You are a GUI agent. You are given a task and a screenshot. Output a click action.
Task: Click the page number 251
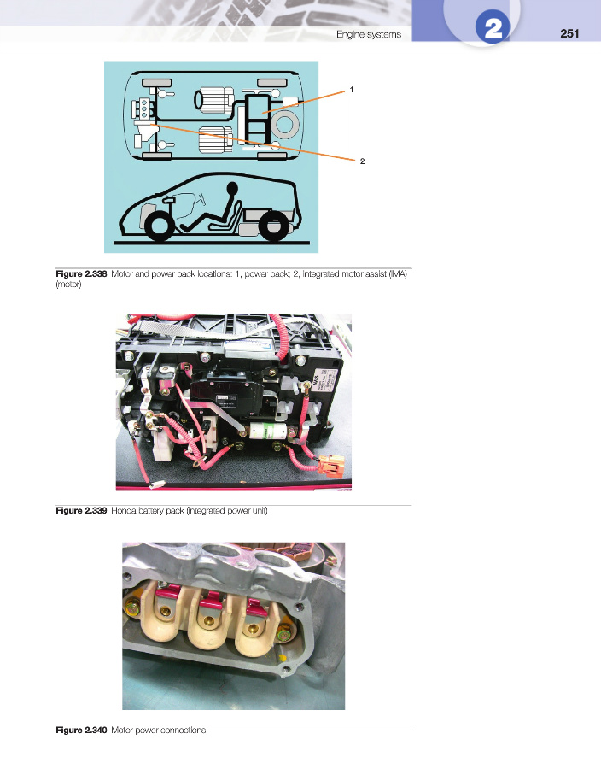569,33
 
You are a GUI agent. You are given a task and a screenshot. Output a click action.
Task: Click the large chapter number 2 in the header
493,30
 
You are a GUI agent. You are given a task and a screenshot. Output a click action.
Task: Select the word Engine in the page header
351,34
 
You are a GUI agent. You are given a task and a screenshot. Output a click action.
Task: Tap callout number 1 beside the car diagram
351,89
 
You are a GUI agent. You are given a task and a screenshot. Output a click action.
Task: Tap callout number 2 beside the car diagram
362,161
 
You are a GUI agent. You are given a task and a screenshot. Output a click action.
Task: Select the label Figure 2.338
81,273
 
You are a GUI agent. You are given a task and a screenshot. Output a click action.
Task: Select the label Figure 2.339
81,511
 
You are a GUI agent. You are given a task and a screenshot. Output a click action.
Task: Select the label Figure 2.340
81,731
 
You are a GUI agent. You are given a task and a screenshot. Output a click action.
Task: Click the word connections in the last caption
181,731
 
